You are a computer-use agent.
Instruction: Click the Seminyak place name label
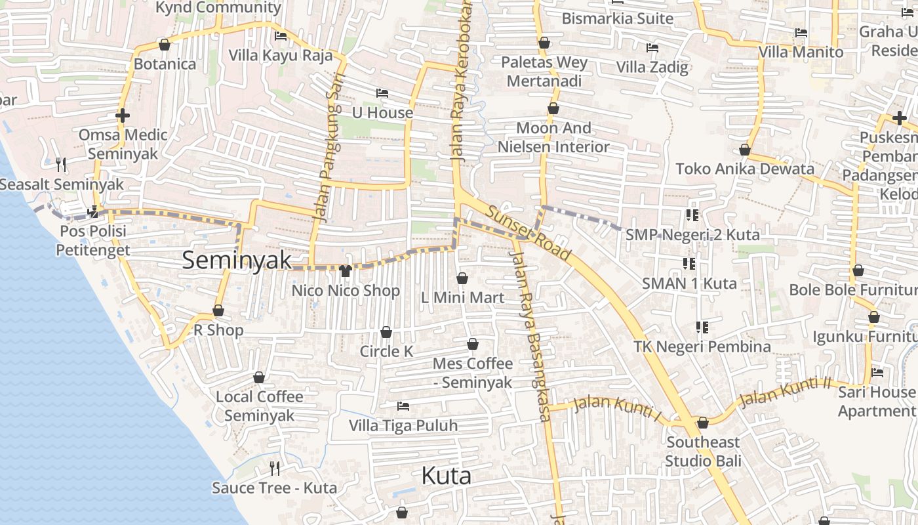click(237, 261)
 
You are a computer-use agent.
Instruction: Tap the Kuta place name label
click(446, 476)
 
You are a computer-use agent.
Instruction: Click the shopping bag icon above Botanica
click(165, 45)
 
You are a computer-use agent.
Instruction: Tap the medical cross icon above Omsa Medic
click(123, 115)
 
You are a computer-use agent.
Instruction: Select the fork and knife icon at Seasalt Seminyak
click(61, 164)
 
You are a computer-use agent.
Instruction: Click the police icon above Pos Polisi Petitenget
click(93, 211)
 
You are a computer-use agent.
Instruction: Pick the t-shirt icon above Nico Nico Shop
click(346, 270)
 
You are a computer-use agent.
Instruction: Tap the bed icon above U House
click(382, 93)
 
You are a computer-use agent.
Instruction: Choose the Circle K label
click(386, 352)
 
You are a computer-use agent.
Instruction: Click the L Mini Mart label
click(462, 298)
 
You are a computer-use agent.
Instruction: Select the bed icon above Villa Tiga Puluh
click(403, 406)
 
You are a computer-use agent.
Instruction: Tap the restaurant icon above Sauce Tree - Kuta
click(275, 468)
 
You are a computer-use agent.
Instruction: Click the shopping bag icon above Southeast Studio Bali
click(703, 423)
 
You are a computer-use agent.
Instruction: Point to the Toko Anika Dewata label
click(745, 169)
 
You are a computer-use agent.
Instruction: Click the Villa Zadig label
click(652, 67)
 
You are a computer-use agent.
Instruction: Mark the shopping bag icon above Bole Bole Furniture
click(858, 270)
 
